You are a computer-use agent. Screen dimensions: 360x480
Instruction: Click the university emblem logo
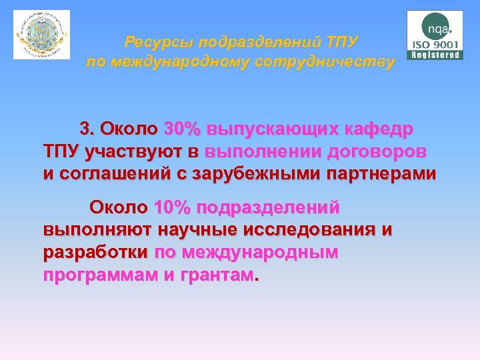(41, 35)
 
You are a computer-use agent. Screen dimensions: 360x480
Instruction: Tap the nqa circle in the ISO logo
(436, 28)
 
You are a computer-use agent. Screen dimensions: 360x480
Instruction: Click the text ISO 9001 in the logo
(436, 45)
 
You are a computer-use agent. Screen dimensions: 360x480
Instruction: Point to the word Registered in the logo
(436, 55)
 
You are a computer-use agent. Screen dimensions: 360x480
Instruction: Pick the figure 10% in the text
(172, 207)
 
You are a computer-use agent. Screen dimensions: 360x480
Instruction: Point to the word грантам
(216, 276)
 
